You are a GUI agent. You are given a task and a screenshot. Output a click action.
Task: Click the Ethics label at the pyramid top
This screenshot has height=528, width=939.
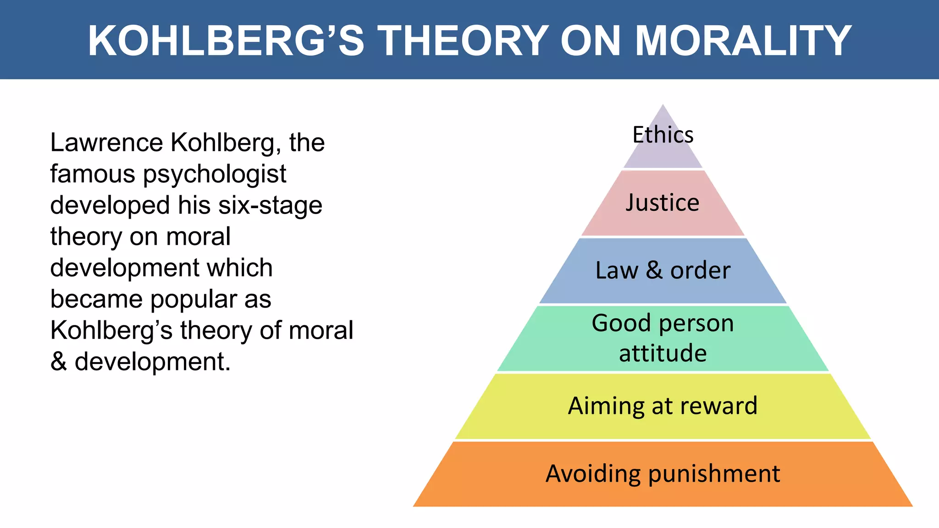[x=663, y=135]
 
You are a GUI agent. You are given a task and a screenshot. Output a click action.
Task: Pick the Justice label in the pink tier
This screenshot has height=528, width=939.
[x=663, y=203]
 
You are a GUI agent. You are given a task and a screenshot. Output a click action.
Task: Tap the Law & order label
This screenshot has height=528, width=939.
[x=663, y=270]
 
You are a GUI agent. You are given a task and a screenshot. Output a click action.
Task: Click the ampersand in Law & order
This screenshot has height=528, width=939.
[x=654, y=270]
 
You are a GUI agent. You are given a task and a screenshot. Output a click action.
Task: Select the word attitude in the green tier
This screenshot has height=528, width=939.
[x=663, y=353]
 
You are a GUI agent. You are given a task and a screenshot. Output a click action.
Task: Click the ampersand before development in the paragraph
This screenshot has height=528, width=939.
[x=59, y=362]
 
